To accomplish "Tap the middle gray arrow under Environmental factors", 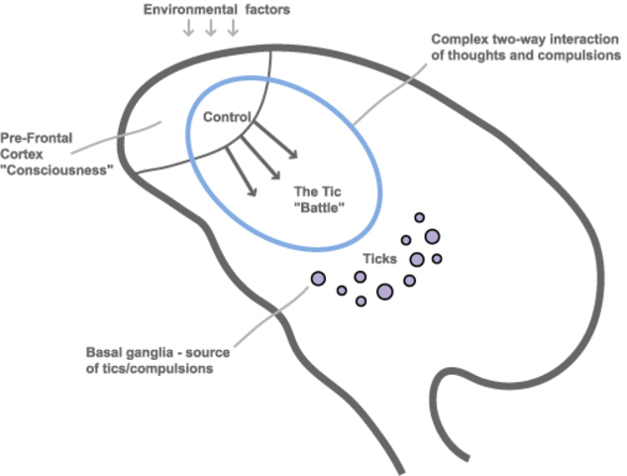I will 209,28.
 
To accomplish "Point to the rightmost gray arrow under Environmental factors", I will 233,28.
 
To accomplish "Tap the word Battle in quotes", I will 318,209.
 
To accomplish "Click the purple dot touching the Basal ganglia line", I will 318,280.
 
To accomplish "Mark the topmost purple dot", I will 419,217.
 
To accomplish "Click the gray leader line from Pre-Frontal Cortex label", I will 124,139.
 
